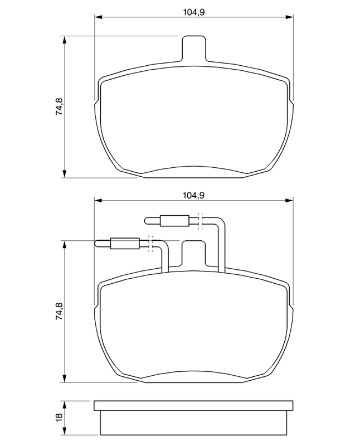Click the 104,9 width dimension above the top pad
194,12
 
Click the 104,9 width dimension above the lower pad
194,196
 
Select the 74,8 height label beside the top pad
59,106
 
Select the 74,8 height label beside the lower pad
59,311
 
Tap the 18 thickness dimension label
59,417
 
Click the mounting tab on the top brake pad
193,49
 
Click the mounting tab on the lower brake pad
193,254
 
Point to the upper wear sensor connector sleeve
174,221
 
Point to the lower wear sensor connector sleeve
125,244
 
